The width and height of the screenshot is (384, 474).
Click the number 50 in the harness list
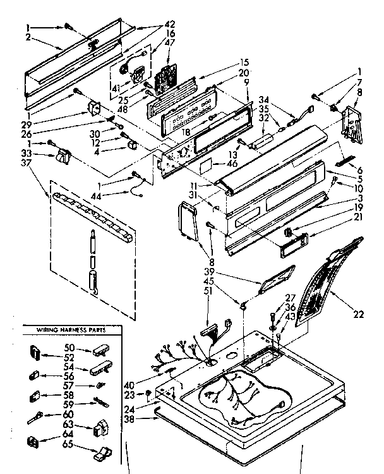point(70,348)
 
